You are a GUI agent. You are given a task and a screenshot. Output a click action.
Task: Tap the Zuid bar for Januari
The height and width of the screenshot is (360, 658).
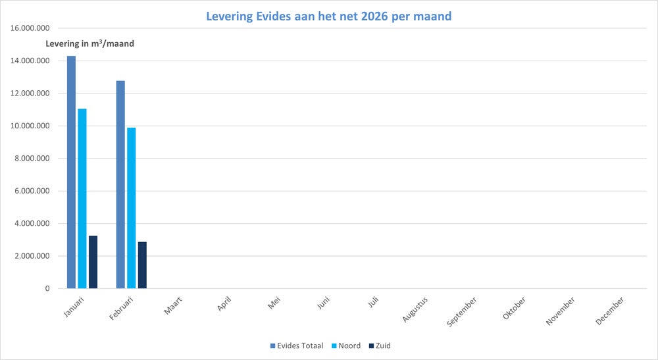tap(93, 262)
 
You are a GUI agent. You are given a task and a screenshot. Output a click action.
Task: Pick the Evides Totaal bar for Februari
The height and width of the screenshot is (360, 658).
tap(120, 184)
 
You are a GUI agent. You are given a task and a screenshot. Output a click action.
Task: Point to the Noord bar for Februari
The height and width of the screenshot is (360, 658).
tap(132, 208)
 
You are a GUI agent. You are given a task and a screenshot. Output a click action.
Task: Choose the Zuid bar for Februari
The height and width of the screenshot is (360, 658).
tap(142, 265)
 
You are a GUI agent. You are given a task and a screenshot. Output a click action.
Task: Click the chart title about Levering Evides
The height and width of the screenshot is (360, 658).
tap(329, 16)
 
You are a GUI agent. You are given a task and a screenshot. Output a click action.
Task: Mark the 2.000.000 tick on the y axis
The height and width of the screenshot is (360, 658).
tap(32, 256)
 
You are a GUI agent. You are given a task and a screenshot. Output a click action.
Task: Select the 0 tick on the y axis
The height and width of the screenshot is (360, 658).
tap(47, 288)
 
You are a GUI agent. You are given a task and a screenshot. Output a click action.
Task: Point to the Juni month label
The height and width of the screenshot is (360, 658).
tap(323, 305)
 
